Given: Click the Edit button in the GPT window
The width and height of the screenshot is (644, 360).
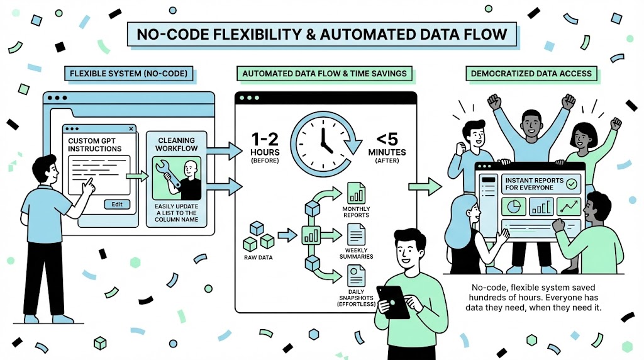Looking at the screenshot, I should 117,204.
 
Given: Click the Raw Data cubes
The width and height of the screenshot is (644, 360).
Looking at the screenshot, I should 258,237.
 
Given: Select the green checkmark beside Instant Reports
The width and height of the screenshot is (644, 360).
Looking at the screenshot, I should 572,184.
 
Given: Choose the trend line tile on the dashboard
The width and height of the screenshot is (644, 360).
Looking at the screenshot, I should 570,206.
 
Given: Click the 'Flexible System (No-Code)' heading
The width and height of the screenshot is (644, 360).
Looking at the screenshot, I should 128,74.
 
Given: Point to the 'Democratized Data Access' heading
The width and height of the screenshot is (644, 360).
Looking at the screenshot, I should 531,74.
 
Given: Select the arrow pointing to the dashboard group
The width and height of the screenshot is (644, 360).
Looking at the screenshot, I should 426,186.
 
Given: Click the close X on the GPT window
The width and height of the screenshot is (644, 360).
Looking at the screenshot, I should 131,129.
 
